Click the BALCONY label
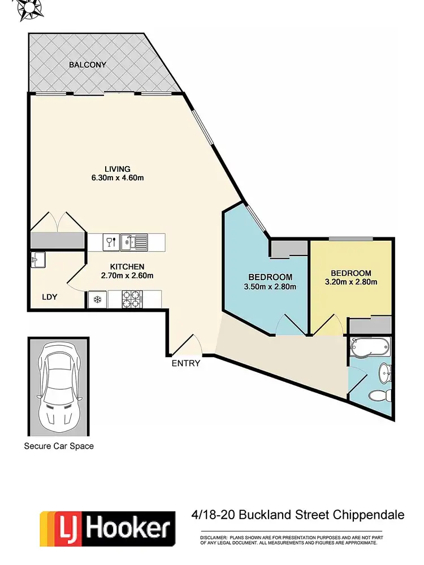pyautogui.click(x=87, y=65)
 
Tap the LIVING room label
pyautogui.click(x=118, y=169)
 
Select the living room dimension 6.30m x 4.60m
pyautogui.click(x=118, y=179)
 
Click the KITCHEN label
pyautogui.click(x=127, y=267)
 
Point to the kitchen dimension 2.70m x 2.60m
pyautogui.click(x=127, y=276)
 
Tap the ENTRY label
pyautogui.click(x=186, y=363)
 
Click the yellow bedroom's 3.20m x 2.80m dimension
pyautogui.click(x=351, y=282)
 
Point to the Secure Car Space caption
pyautogui.click(x=58, y=446)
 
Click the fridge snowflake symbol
pyautogui.click(x=97, y=299)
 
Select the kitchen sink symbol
pyautogui.click(x=128, y=242)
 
